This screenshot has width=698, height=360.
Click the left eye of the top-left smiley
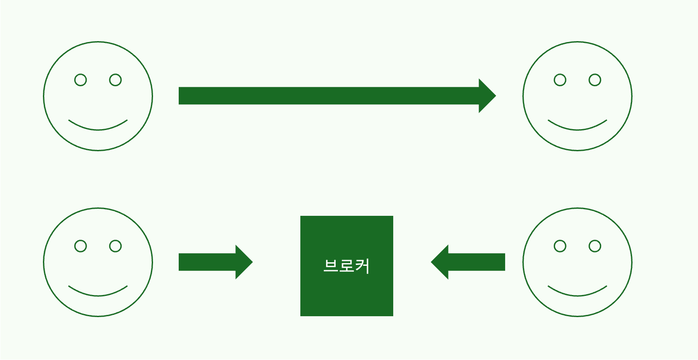click(x=81, y=80)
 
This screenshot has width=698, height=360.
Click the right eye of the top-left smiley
click(x=115, y=80)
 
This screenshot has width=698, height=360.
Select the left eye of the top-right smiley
click(x=560, y=80)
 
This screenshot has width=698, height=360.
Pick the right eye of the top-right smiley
click(x=595, y=80)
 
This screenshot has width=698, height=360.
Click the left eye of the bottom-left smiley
click(x=81, y=246)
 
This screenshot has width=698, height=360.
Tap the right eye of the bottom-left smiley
click(x=115, y=246)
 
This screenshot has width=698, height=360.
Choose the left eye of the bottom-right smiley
click(x=560, y=246)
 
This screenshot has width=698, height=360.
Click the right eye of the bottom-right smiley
click(x=595, y=246)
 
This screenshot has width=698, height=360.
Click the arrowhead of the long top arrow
click(x=487, y=96)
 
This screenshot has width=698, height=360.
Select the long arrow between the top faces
click(x=327, y=96)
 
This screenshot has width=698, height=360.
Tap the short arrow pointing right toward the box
click(x=208, y=262)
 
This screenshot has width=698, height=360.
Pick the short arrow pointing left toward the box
click(x=476, y=262)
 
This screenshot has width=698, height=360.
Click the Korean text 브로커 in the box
click(x=346, y=266)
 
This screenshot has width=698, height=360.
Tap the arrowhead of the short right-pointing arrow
click(x=243, y=262)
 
